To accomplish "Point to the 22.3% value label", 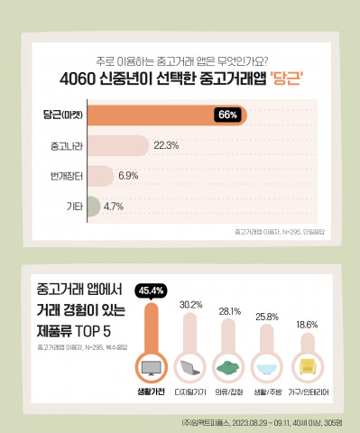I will pos(166,144).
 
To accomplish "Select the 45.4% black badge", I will pos(149,290).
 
